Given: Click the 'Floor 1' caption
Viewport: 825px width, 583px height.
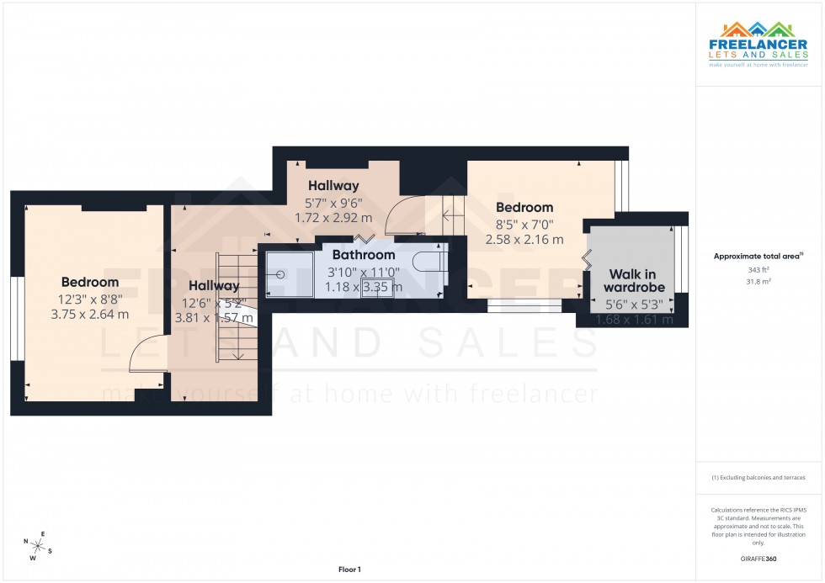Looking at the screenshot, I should [x=349, y=570].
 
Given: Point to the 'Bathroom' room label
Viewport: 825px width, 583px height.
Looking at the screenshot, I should [x=363, y=255].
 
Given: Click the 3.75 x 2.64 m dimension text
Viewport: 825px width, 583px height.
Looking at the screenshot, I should [x=90, y=315].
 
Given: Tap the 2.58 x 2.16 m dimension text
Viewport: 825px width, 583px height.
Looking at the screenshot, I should [x=524, y=240].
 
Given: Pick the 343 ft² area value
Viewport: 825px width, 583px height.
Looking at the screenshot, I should [x=759, y=269].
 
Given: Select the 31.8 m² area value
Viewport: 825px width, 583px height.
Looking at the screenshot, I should [x=759, y=281].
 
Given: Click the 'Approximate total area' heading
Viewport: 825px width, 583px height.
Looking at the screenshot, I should [x=758, y=256].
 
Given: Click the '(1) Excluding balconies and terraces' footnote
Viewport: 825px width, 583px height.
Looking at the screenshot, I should [x=758, y=477].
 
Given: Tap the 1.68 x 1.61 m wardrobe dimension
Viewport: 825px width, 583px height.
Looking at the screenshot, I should [x=635, y=320].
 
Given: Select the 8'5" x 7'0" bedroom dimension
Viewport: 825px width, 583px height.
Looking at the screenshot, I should [x=524, y=224].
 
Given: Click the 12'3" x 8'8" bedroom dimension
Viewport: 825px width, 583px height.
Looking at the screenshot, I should [x=90, y=299].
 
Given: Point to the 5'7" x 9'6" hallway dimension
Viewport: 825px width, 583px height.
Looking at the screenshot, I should [x=333, y=202].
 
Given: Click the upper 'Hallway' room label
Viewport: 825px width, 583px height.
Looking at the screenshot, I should [x=333, y=185].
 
